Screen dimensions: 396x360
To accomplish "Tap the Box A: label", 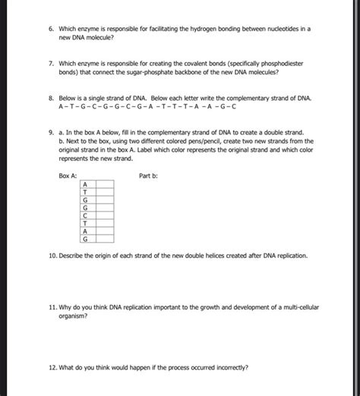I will (x=68, y=174).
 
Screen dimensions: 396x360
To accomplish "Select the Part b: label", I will (x=149, y=174).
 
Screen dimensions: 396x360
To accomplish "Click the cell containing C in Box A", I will (x=85, y=215).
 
